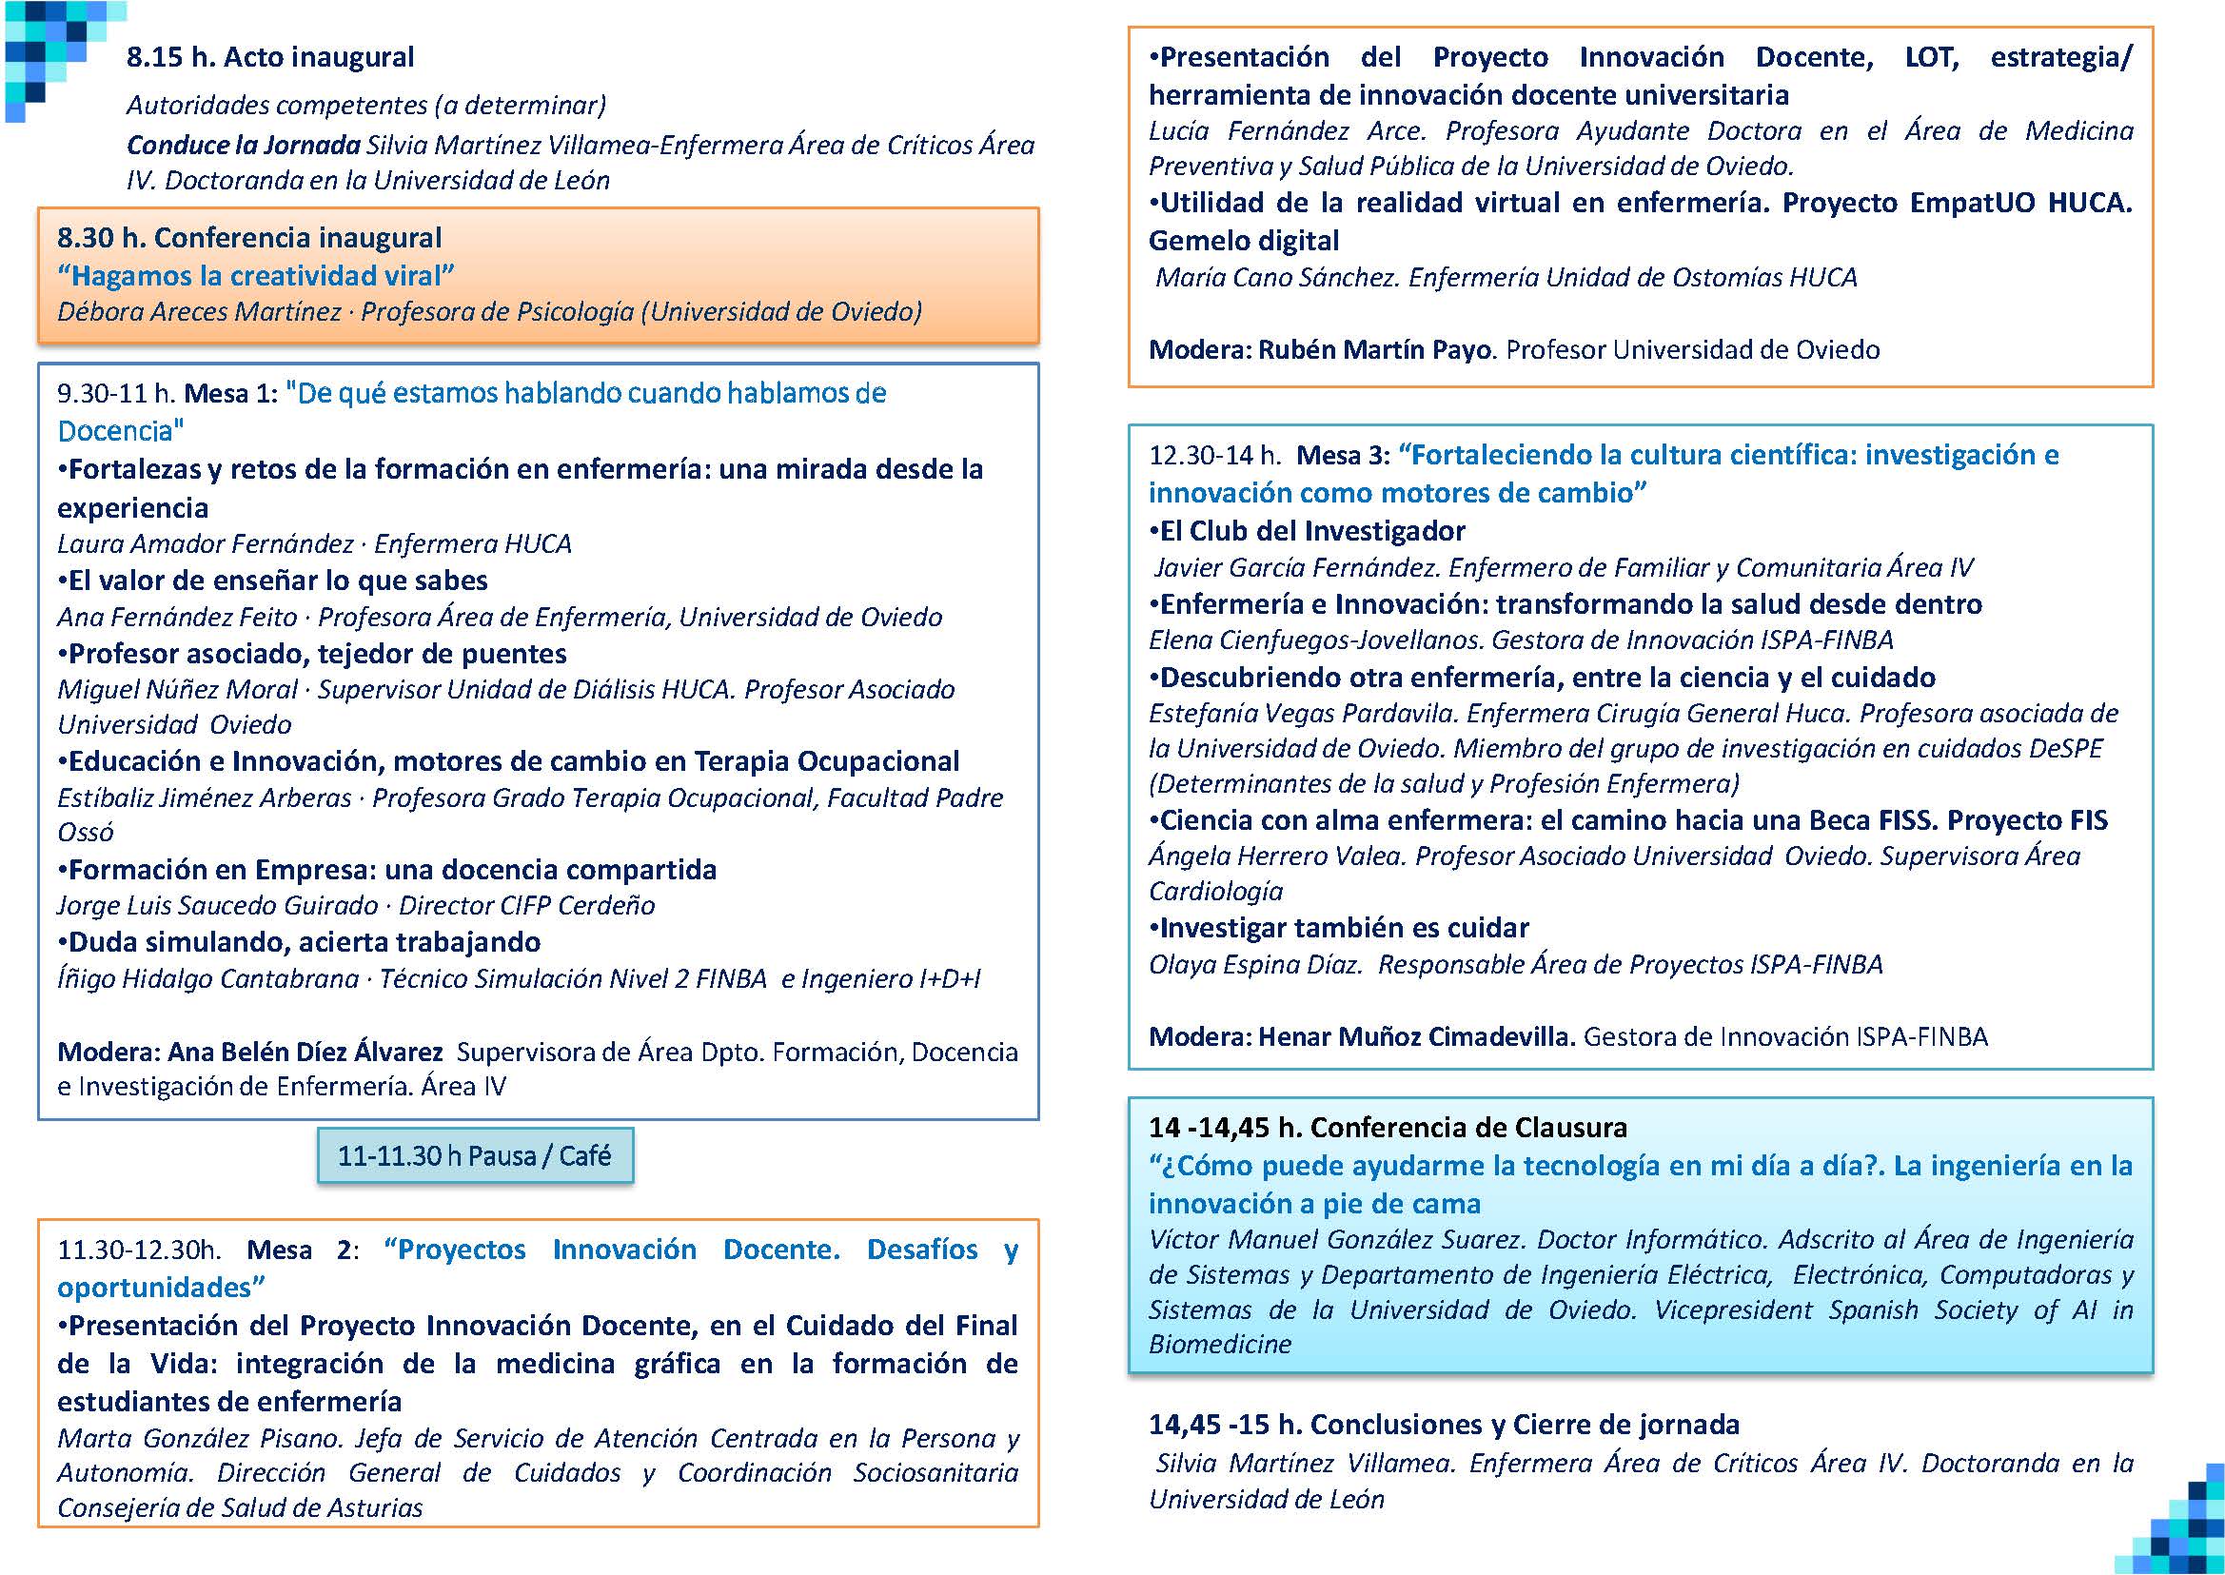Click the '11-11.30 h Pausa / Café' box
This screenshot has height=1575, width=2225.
(474, 1155)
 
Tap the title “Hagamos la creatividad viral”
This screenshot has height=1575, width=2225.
(256, 276)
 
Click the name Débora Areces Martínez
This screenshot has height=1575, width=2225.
(199, 312)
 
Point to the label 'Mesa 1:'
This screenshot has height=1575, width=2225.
(231, 394)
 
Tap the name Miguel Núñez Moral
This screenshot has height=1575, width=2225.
(178, 690)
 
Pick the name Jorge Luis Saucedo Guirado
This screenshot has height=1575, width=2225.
(217, 906)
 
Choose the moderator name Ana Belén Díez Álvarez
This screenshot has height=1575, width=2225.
(305, 1053)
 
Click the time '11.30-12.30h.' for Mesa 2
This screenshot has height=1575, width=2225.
(139, 1250)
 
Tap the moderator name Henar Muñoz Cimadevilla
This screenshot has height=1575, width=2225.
(1415, 1036)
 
